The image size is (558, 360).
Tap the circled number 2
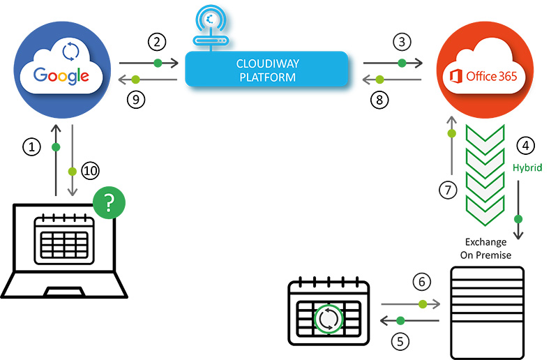click(x=158, y=42)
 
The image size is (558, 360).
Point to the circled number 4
click(x=526, y=146)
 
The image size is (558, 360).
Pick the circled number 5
click(x=399, y=341)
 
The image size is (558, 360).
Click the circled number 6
click(x=421, y=283)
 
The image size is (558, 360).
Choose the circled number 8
click(x=380, y=100)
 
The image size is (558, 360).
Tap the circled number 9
click(x=138, y=100)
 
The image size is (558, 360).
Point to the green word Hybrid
click(x=527, y=168)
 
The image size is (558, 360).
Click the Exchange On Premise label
click(x=487, y=249)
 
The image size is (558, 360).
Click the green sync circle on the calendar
click(x=329, y=320)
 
